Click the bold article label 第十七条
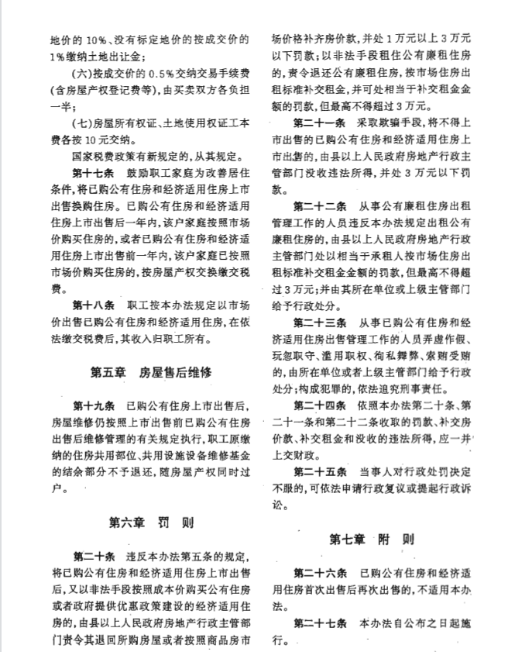tap(93, 171)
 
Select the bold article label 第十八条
tap(93, 305)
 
